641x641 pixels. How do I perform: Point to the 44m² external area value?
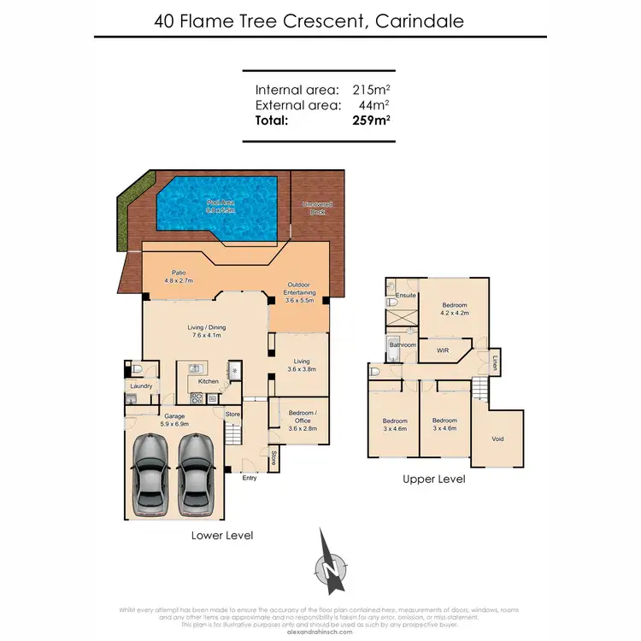(375, 105)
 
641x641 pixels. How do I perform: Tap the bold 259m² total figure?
(371, 121)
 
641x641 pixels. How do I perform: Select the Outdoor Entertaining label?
(299, 289)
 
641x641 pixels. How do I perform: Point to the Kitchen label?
(209, 381)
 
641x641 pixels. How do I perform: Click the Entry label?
(250, 478)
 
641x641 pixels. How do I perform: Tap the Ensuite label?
(406, 296)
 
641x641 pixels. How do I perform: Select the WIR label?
(443, 350)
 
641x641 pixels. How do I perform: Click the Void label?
(498, 439)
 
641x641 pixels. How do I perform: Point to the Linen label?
(495, 363)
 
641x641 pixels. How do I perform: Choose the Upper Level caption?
(434, 480)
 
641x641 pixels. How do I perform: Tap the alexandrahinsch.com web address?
(320, 625)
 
